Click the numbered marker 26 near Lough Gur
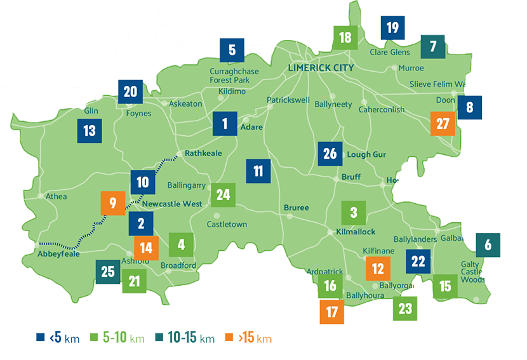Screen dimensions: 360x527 (x=330, y=154)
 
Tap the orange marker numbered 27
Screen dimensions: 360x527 (x=443, y=124)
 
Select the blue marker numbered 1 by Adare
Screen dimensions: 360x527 (x=225, y=124)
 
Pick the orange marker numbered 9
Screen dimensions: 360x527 (x=112, y=203)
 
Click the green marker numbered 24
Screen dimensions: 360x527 (x=223, y=195)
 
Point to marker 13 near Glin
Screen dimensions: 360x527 (x=89, y=131)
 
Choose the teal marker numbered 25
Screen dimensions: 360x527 (x=107, y=272)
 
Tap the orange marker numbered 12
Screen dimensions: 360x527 (x=378, y=269)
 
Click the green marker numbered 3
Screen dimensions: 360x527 (x=354, y=212)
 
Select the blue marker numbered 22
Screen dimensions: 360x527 (x=418, y=261)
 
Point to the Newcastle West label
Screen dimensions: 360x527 (x=172, y=204)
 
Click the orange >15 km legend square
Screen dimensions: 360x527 (x=232, y=337)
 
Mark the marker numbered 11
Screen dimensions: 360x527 (x=258, y=171)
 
